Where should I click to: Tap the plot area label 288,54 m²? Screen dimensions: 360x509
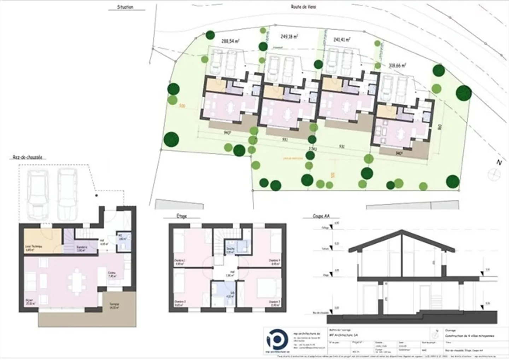point(230,41)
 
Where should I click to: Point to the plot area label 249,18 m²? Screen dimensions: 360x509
point(288,36)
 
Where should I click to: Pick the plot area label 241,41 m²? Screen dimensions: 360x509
point(341,40)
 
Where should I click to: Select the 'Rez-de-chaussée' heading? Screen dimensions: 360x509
point(27,157)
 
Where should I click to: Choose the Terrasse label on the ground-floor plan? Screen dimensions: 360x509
point(114,306)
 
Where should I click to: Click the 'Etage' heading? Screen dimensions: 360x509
point(181,216)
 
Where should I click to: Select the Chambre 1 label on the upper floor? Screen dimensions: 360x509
point(180,262)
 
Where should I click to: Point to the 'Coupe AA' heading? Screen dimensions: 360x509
point(321,216)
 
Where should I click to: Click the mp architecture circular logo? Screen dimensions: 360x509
point(277,341)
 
